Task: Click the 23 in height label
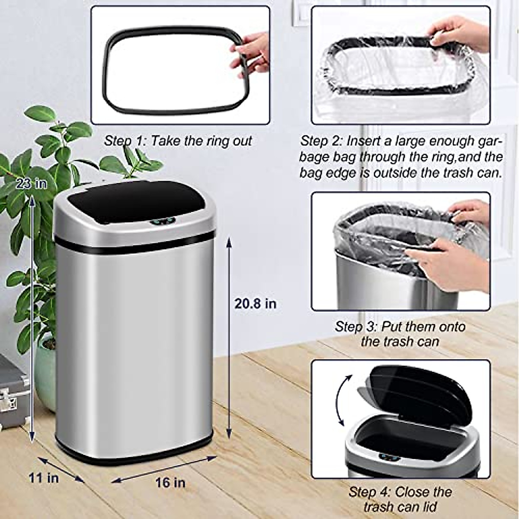(x=31, y=184)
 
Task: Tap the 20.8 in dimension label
(x=255, y=303)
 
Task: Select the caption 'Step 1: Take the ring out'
(x=178, y=141)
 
